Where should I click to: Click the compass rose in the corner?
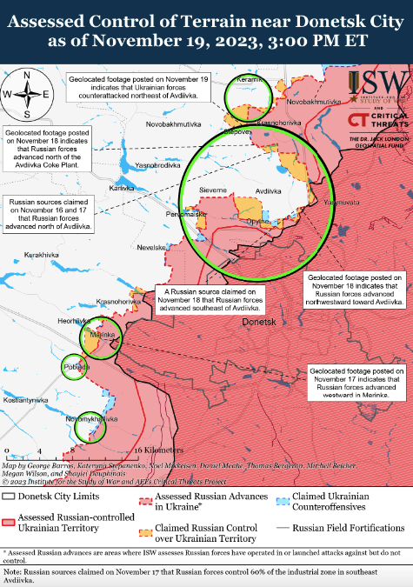27,95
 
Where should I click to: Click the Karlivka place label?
121,188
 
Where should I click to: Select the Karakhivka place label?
42,254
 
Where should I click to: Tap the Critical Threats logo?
379,120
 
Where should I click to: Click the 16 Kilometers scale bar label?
159,450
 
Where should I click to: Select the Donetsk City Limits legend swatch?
10,497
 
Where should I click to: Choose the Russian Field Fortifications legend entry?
341,528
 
